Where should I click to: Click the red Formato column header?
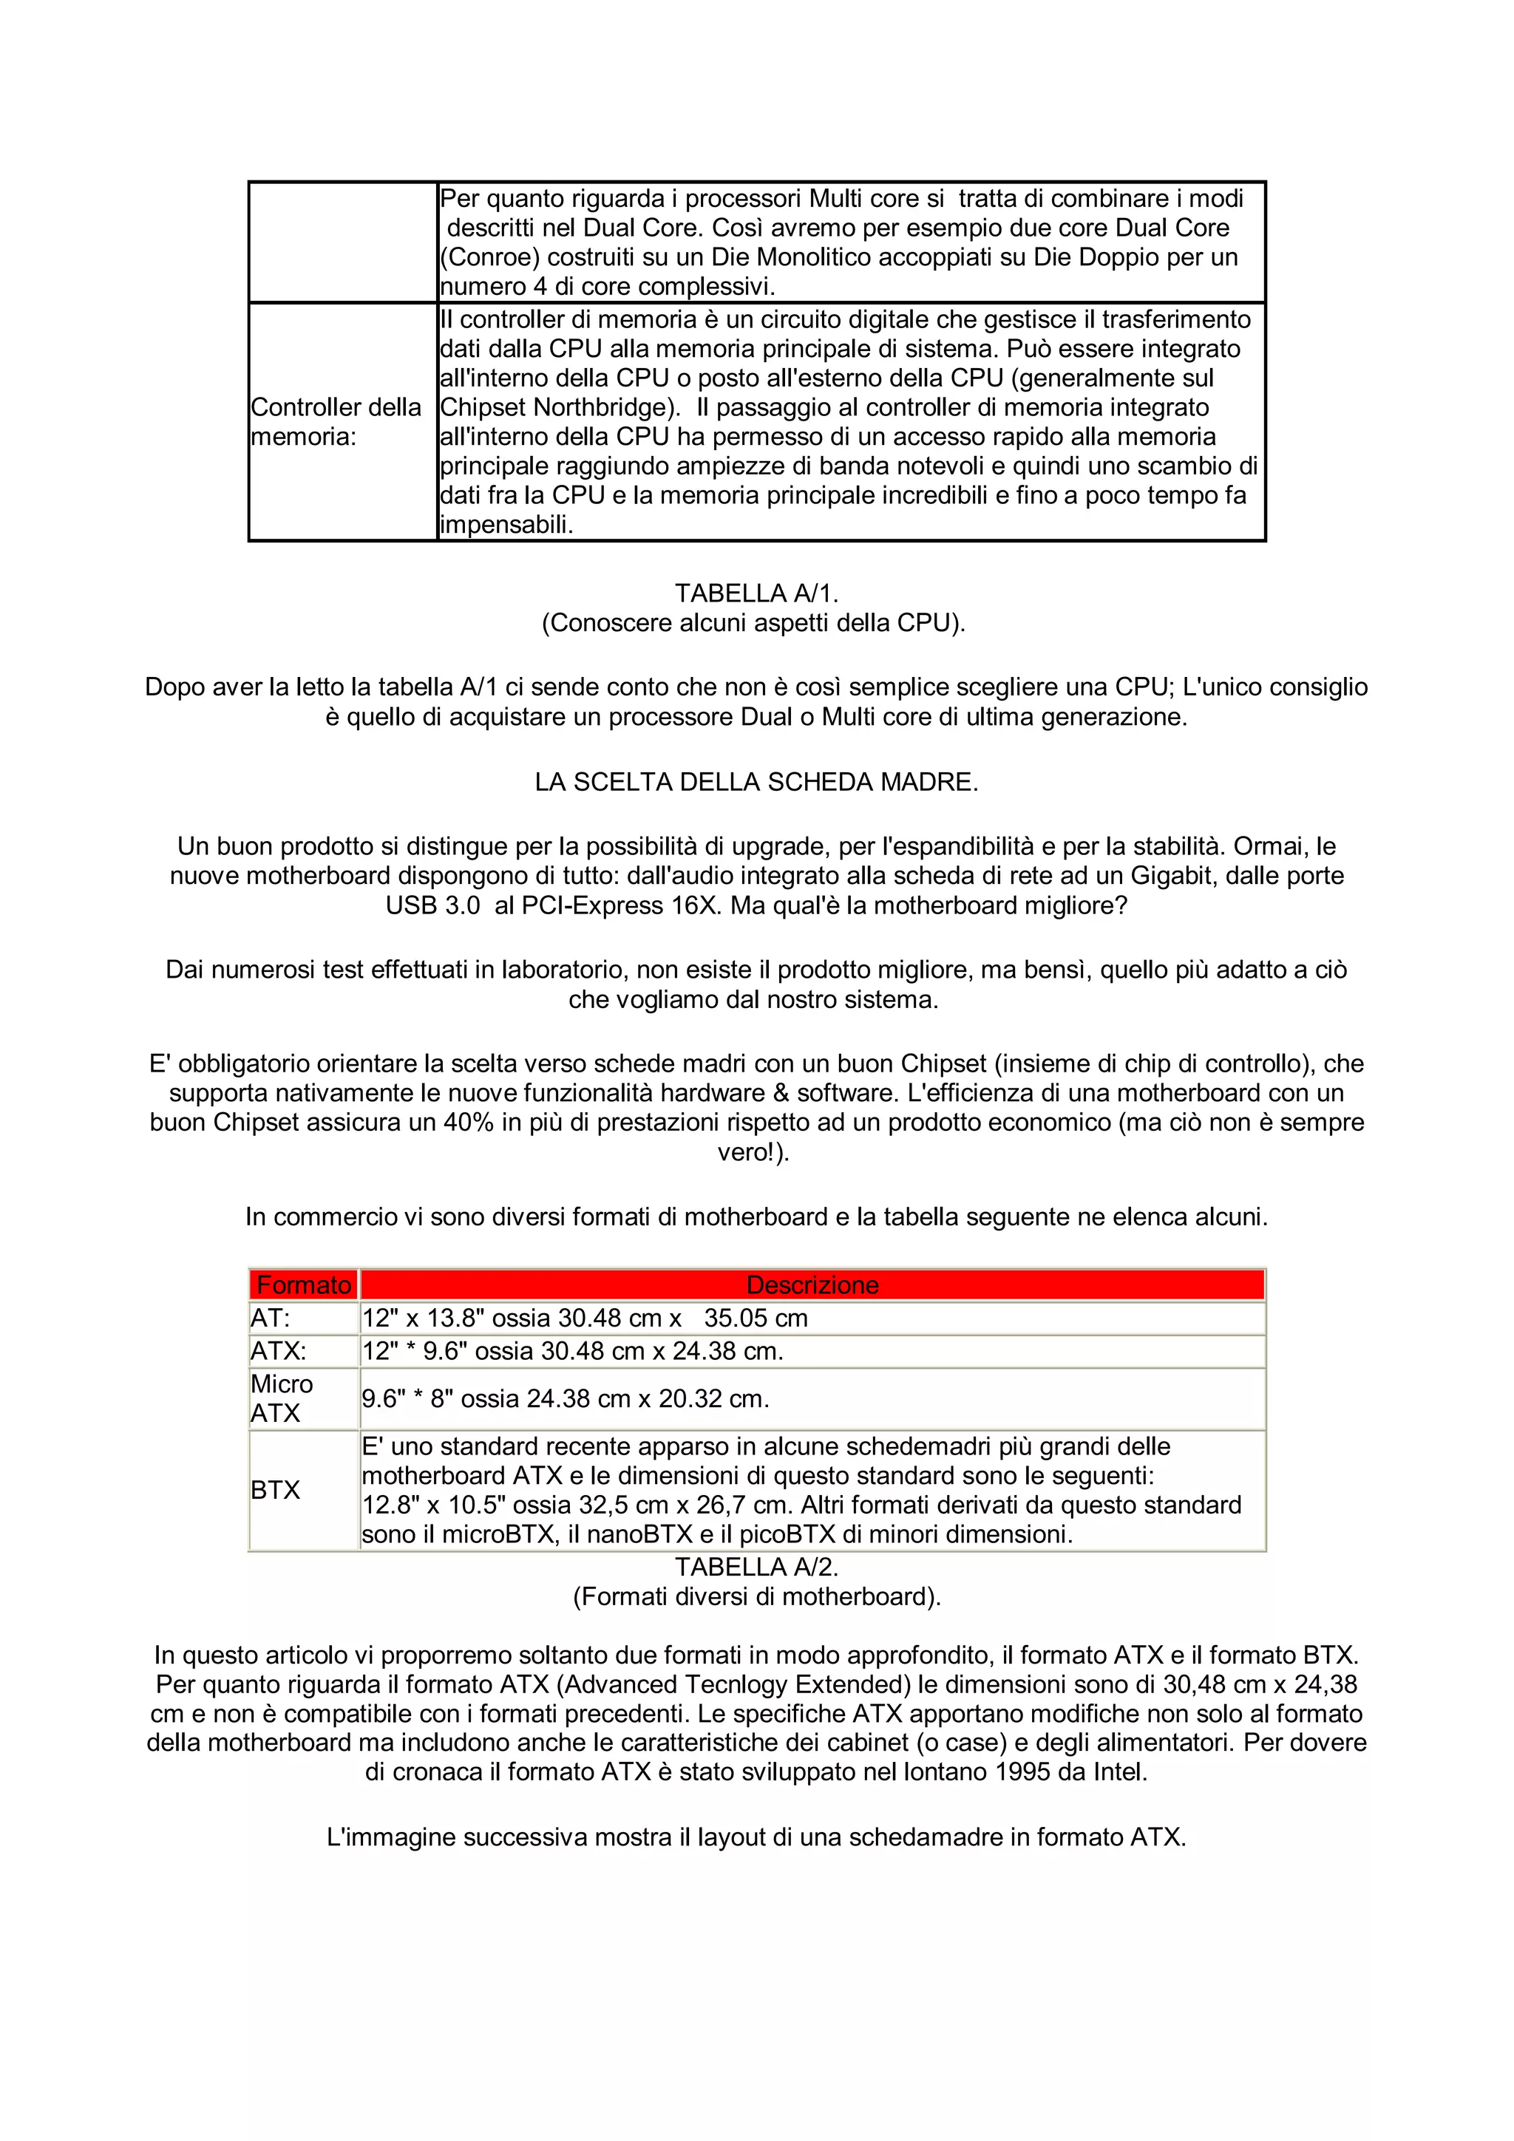point(303,1285)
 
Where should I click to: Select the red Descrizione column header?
point(812,1285)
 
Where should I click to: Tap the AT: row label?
point(271,1318)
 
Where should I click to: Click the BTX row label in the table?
point(275,1489)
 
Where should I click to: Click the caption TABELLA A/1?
point(756,593)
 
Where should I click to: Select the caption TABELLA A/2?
point(756,1567)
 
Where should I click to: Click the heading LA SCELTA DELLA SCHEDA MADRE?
point(756,781)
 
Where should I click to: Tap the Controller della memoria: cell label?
point(336,421)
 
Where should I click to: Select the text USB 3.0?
point(433,905)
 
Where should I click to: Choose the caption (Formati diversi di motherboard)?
point(756,1596)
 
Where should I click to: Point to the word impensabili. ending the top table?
point(506,525)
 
